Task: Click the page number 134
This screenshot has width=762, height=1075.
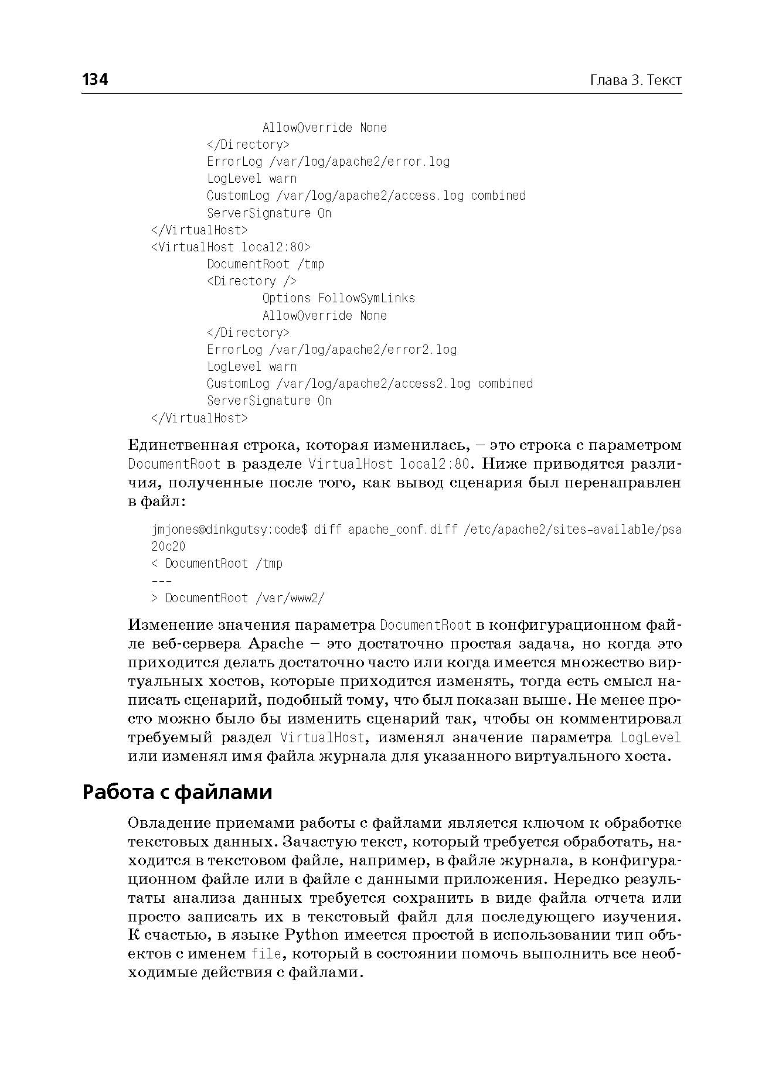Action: pos(95,80)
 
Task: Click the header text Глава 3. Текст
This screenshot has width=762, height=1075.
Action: pos(635,80)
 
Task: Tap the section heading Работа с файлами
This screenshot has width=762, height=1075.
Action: pos(177,792)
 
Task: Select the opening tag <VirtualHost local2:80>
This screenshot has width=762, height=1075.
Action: pos(231,247)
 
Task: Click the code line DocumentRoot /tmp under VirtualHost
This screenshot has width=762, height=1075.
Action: pos(265,264)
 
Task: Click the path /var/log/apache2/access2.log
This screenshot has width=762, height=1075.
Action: pos(373,384)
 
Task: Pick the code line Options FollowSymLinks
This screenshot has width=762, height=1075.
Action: pos(338,298)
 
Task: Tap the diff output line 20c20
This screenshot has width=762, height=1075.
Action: pos(168,547)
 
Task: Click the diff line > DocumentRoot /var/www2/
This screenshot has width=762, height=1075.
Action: pos(238,598)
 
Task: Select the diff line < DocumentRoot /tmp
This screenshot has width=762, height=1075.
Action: pos(217,564)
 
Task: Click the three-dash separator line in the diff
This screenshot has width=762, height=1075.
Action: pos(162,581)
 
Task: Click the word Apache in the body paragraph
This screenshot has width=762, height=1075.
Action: pos(276,644)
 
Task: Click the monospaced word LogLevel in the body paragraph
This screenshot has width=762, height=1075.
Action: pos(651,738)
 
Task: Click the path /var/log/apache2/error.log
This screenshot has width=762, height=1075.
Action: pos(359,162)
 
